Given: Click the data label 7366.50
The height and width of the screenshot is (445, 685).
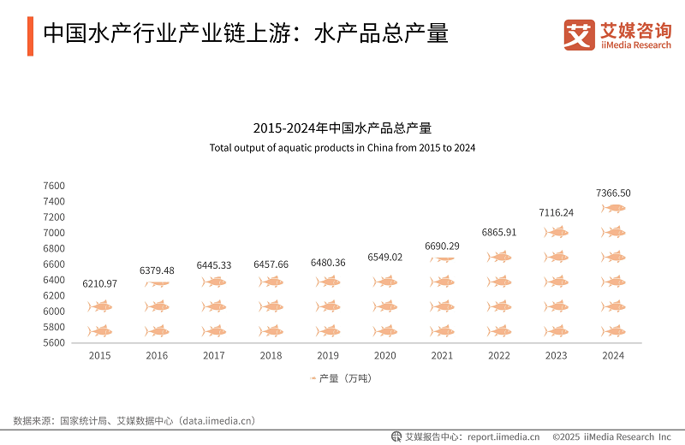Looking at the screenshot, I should (613, 193).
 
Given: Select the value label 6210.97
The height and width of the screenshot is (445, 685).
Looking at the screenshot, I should (100, 283).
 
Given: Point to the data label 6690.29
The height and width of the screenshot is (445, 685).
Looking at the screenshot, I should (442, 246).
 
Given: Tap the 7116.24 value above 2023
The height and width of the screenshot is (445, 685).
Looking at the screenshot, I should (557, 212).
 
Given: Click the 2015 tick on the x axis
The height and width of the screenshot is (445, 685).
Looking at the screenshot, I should (100, 355).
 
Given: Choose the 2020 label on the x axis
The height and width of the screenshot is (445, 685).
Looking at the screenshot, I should (385, 355).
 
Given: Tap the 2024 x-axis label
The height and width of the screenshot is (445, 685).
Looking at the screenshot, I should (613, 355).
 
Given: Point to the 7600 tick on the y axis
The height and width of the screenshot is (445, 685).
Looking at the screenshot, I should (54, 186).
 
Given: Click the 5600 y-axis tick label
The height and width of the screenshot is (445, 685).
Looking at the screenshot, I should (54, 343).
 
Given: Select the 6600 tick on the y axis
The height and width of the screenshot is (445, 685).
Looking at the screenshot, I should (54, 264).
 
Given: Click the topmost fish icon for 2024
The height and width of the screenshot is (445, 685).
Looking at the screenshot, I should (613, 208).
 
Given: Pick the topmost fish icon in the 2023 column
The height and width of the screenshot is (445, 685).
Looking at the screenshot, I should (557, 232).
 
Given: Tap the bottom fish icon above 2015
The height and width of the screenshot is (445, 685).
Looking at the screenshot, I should (100, 331).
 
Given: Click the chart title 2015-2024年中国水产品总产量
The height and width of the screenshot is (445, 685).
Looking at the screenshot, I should (342, 128).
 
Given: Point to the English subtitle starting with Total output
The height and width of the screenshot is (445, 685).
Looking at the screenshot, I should (342, 147).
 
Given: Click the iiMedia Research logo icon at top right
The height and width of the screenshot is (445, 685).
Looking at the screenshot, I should (579, 34).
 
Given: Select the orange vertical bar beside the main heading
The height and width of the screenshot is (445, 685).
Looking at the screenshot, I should (30, 34).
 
